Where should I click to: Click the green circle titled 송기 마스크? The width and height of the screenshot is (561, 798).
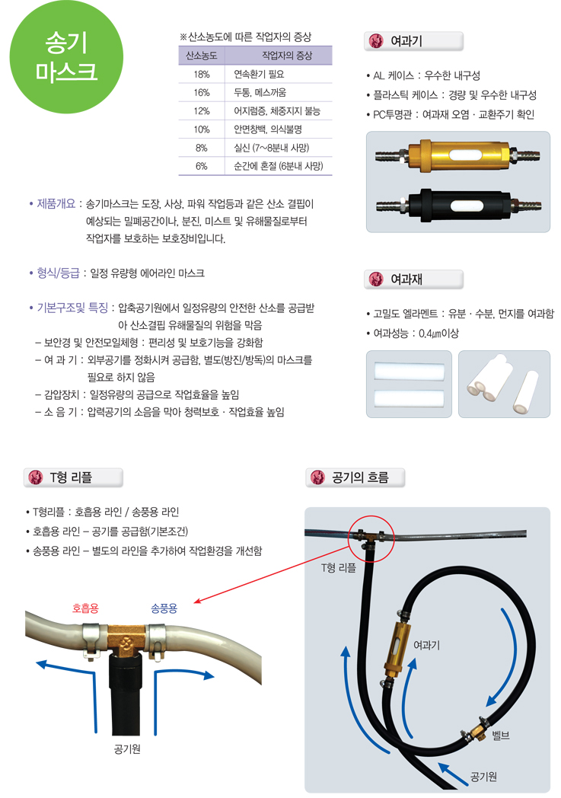67,56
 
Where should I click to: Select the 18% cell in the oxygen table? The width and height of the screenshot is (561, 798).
202,75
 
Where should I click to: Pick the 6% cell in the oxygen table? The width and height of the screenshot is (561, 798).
202,166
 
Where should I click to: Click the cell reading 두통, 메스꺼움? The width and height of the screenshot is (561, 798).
260,93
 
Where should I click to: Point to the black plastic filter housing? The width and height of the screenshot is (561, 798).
458,205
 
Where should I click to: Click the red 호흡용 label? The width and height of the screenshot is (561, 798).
85,608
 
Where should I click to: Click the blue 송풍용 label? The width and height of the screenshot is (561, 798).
164,608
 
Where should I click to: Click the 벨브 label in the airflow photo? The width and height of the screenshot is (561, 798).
500,736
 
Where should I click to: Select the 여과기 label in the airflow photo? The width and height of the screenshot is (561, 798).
426,645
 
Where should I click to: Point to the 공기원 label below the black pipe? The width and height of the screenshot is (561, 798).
127,749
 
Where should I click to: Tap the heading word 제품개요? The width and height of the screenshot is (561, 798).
56,203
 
